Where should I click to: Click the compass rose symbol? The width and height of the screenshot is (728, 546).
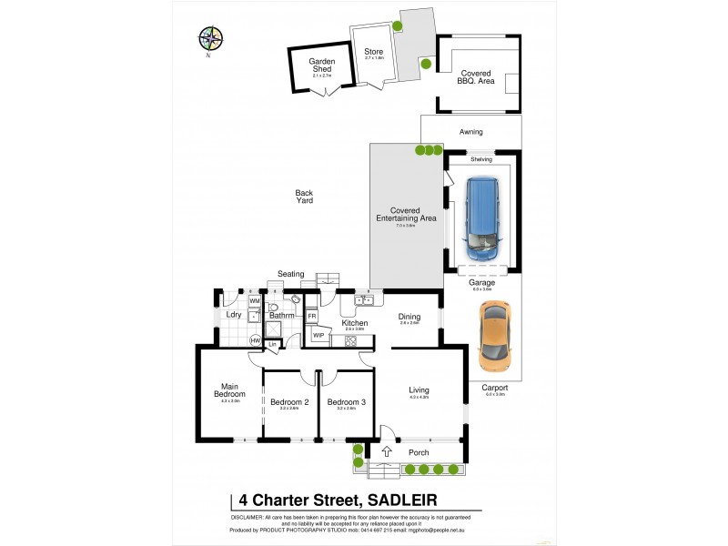pyautogui.click(x=210, y=38)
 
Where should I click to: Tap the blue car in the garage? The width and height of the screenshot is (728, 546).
pyautogui.click(x=482, y=217)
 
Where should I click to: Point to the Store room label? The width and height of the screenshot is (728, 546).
pyautogui.click(x=373, y=53)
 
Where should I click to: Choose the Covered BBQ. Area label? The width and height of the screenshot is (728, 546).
pyautogui.click(x=476, y=76)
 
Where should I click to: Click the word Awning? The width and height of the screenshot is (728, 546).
pyautogui.click(x=470, y=132)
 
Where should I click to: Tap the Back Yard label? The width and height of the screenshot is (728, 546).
pyautogui.click(x=304, y=196)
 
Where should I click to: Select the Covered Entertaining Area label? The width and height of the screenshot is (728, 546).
pyautogui.click(x=406, y=214)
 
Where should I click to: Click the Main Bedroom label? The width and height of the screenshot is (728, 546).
pyautogui.click(x=229, y=390)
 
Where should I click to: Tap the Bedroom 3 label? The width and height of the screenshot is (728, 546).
pyautogui.click(x=346, y=401)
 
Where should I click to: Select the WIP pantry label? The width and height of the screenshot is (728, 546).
pyautogui.click(x=318, y=336)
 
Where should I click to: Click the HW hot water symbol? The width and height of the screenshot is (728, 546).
pyautogui.click(x=256, y=340)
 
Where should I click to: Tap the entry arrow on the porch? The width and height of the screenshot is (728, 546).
pyautogui.click(x=386, y=451)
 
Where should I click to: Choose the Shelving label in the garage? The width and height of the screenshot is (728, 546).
pyautogui.click(x=481, y=159)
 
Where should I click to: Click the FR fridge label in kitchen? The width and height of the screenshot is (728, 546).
pyautogui.click(x=311, y=317)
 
